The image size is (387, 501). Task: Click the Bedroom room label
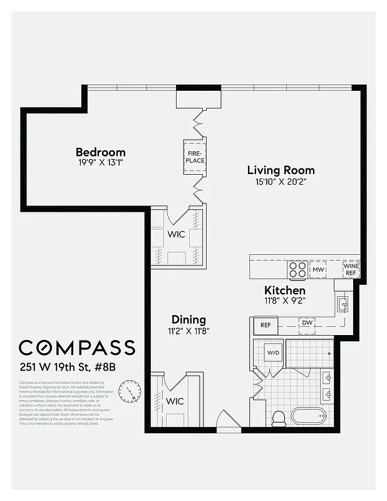(100, 152)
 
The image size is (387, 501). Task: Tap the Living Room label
(281, 170)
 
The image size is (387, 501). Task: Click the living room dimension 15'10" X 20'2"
(281, 182)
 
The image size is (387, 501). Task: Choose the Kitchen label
(284, 291)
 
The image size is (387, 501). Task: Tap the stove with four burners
(297, 269)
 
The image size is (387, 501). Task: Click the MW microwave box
(318, 269)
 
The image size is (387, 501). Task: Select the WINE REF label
(351, 269)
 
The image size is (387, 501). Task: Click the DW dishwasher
(307, 323)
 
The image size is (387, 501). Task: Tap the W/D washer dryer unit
(274, 353)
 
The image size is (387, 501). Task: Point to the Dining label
(188, 319)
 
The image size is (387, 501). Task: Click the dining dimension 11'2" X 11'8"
(188, 330)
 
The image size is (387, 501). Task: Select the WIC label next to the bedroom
(176, 235)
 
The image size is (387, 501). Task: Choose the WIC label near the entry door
(175, 401)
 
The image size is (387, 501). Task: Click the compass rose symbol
(130, 391)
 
